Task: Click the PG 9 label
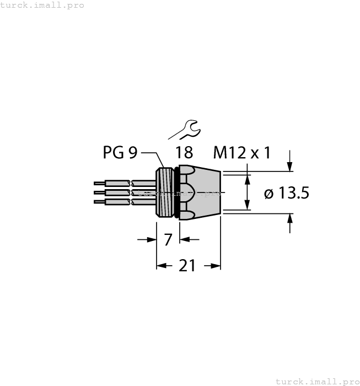click(x=120, y=152)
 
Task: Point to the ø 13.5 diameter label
click(x=286, y=194)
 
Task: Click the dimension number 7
click(x=169, y=239)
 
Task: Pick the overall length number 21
click(x=188, y=266)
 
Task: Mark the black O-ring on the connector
click(x=176, y=192)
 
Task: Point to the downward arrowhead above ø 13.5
click(x=291, y=166)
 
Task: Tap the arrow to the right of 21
click(x=213, y=266)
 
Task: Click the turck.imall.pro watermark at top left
click(x=42, y=5)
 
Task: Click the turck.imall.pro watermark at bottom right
click(x=316, y=381)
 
